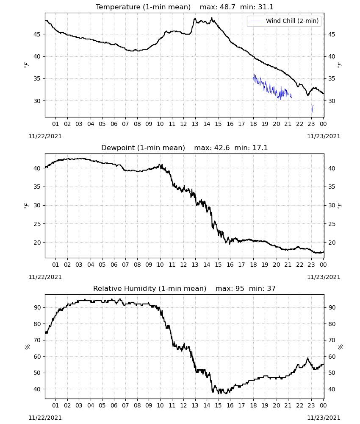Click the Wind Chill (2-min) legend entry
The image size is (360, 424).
[x=284, y=21]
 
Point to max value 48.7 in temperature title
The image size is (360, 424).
[x=227, y=7]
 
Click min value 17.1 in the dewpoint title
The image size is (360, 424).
[x=260, y=148]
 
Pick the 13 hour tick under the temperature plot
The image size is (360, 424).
[x=195, y=124]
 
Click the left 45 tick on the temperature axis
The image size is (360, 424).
[x=37, y=34]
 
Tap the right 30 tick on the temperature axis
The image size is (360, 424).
[x=332, y=101]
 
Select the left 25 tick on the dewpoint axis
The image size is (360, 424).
[x=37, y=224]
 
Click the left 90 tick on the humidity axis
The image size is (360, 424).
[x=37, y=307]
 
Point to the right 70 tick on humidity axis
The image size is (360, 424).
[x=332, y=340]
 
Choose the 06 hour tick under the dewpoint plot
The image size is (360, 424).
[x=114, y=265]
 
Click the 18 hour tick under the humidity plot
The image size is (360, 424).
[x=253, y=406]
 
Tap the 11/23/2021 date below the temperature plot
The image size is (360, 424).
[x=324, y=136]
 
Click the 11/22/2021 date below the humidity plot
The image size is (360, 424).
[x=45, y=418]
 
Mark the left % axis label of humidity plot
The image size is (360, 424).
[x=27, y=347]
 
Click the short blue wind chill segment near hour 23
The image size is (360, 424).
[x=313, y=108]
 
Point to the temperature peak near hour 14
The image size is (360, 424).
[x=212, y=18]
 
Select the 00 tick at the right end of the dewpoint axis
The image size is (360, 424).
[x=323, y=265]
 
